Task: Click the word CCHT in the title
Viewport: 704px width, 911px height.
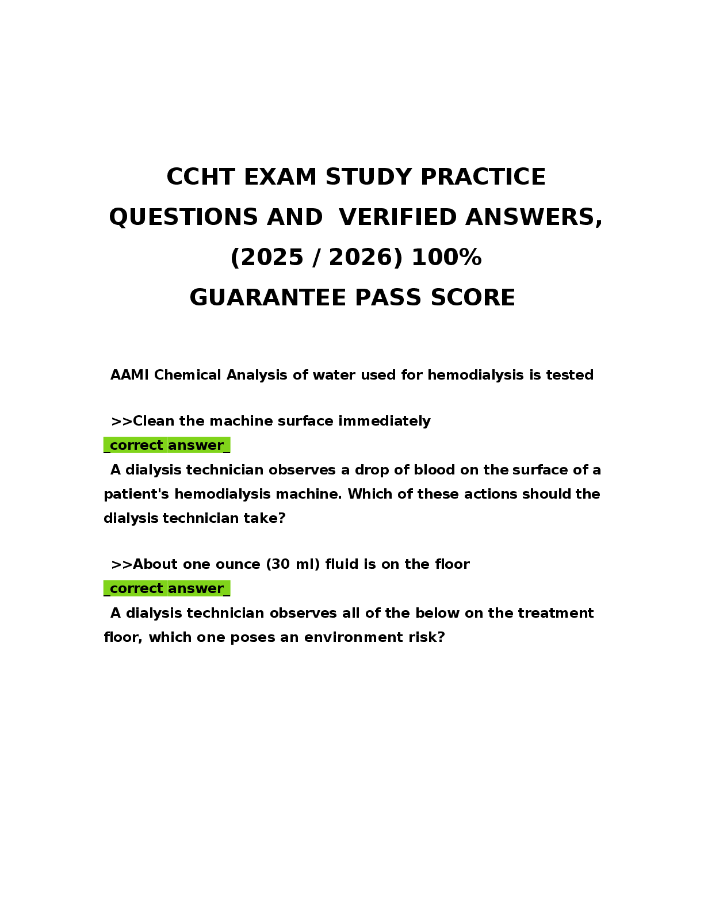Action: tap(200, 177)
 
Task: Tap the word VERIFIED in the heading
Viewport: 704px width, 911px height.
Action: tap(397, 217)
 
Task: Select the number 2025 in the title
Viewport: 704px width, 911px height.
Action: tap(272, 257)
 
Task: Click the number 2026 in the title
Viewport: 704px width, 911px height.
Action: tap(360, 257)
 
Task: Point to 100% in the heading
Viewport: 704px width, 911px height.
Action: tap(446, 257)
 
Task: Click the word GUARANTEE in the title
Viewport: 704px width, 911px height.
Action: tap(267, 298)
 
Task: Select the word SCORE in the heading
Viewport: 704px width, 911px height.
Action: tap(473, 298)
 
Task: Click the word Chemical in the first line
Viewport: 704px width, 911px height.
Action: tap(188, 375)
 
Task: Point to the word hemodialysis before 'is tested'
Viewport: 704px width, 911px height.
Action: tap(476, 375)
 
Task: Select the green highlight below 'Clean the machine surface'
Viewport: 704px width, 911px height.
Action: tap(167, 445)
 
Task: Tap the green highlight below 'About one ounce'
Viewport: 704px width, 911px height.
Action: tap(167, 588)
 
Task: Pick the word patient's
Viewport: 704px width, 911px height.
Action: tap(136, 494)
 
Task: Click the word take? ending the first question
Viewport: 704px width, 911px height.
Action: tap(265, 518)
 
